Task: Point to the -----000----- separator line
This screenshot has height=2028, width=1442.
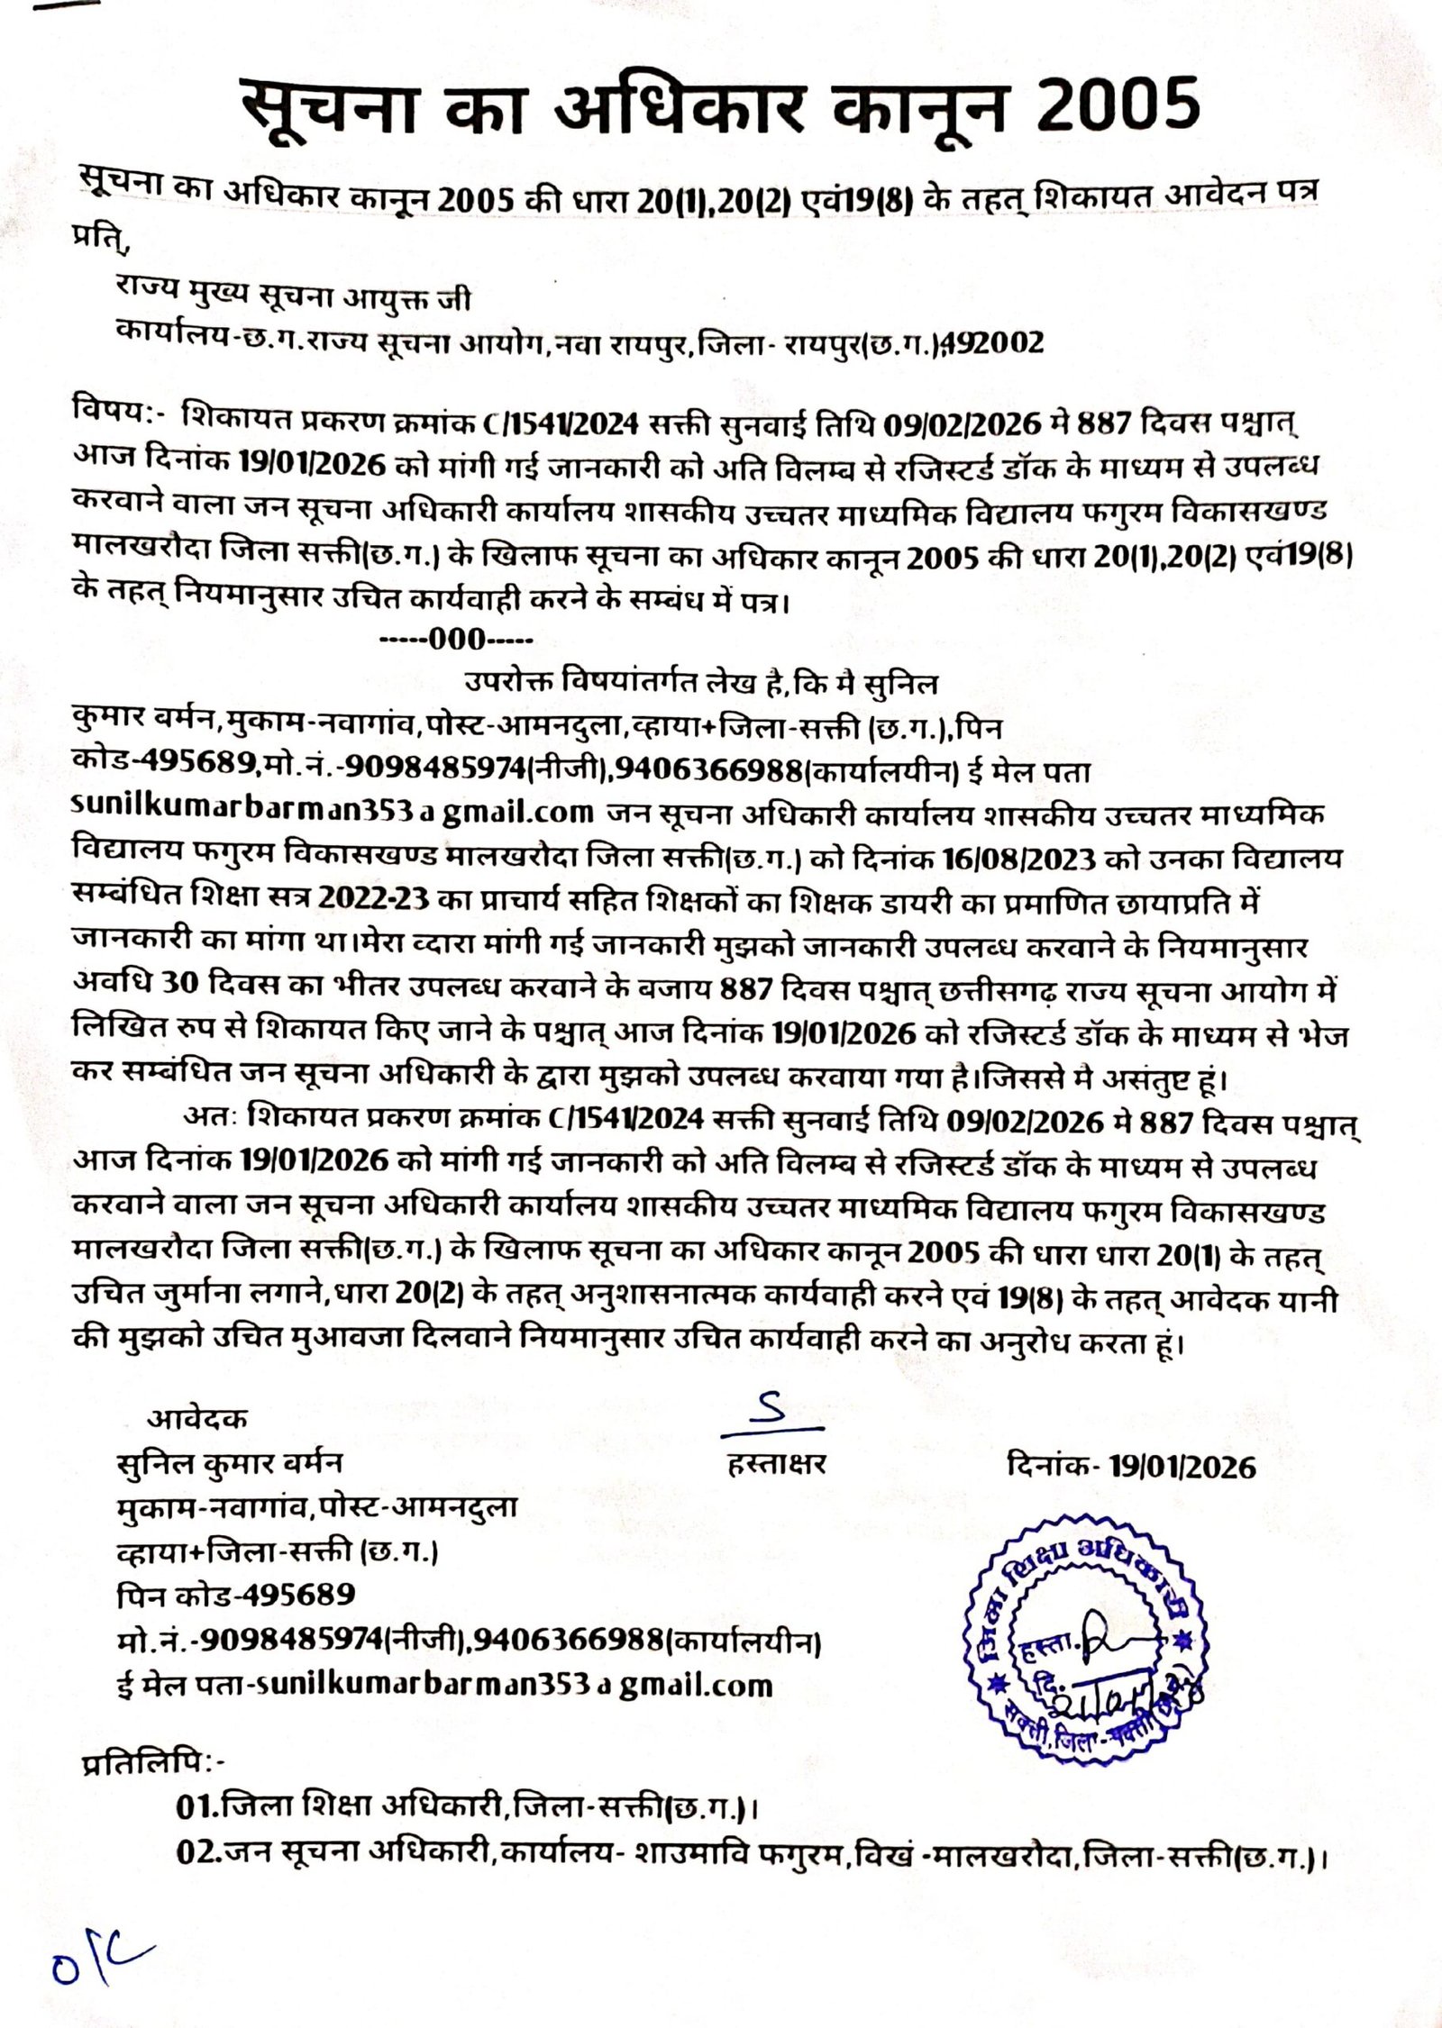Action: pos(456,641)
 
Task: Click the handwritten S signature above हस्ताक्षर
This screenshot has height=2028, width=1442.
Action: pos(772,1417)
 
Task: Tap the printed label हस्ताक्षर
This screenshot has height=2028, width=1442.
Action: pos(776,1466)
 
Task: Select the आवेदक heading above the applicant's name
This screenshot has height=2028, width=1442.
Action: pos(197,1419)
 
